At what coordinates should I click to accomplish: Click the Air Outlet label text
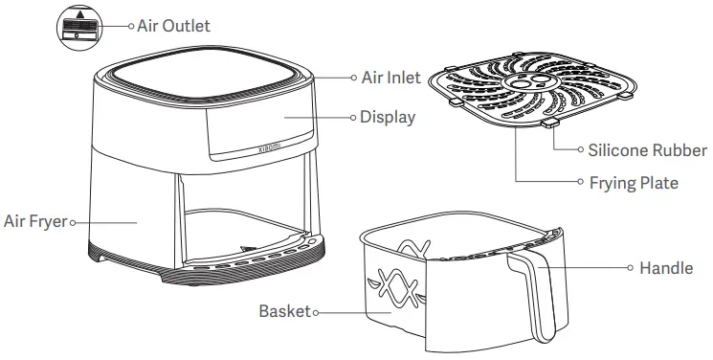173,26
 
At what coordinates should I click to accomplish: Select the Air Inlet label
391,78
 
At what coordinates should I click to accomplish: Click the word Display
388,118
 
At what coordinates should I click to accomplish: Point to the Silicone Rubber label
648,150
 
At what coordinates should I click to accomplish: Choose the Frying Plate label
634,182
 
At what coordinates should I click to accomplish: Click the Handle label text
666,268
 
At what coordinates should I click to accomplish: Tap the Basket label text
285,312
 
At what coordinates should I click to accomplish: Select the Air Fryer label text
34,221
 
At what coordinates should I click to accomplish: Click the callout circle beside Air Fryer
73,221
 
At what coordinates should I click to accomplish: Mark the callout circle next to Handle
632,268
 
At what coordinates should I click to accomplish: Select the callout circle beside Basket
317,312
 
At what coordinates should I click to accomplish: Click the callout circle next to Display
352,118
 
